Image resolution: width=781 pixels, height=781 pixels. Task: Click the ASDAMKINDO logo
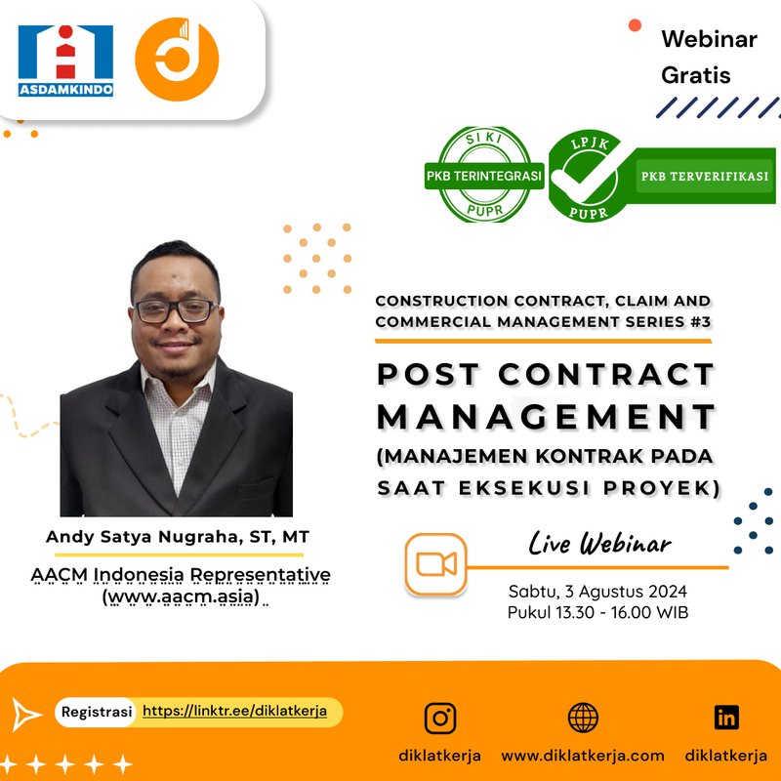pos(65,60)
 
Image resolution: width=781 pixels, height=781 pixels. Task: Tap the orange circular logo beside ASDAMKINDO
pos(177,60)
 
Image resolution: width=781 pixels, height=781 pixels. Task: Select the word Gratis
pos(695,74)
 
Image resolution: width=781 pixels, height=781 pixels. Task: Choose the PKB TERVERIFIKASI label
pos(704,177)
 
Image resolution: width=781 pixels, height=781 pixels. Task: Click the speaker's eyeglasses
pos(176,311)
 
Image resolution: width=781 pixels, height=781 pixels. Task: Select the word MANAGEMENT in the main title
pos(546,416)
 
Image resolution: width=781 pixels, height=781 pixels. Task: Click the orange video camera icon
pos(436,565)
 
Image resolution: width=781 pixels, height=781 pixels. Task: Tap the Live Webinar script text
pos(599,543)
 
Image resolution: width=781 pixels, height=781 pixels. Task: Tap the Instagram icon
pos(440,718)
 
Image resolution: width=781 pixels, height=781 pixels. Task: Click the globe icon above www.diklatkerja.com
pos(583,718)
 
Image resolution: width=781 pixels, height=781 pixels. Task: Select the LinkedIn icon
pos(726,718)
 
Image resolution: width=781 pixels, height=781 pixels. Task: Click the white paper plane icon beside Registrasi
pos(27,714)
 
